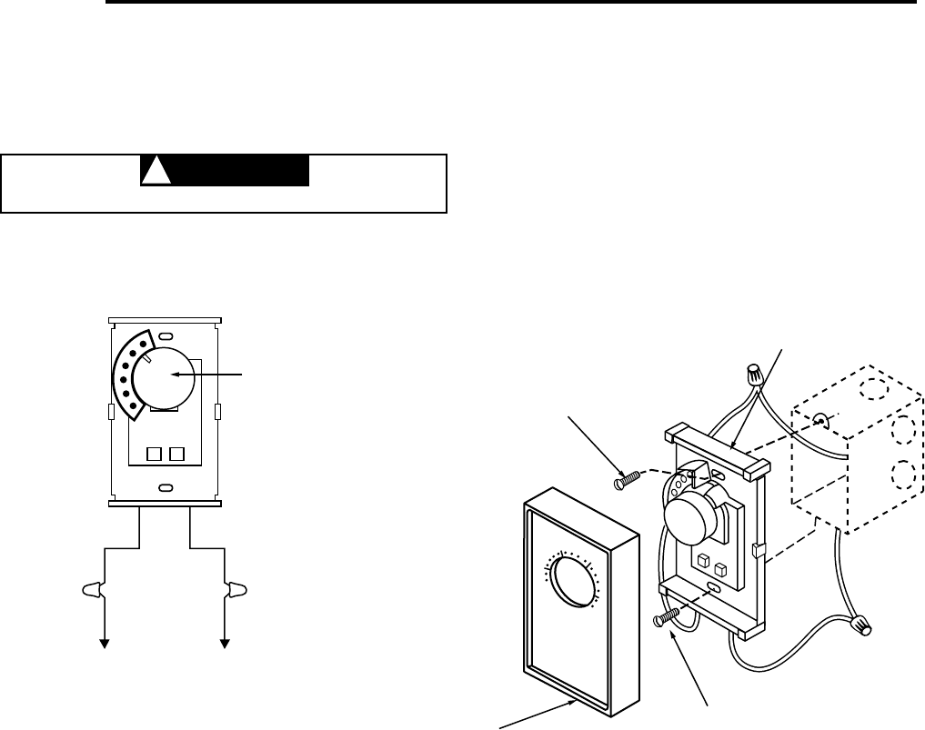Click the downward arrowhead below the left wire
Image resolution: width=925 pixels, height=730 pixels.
(105, 644)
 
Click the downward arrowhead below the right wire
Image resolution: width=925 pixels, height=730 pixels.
(225, 644)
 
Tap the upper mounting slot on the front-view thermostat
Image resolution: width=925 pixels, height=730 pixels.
(165, 337)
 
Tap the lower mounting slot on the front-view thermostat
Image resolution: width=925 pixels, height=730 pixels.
(165, 489)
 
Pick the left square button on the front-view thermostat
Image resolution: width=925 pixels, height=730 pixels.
(154, 452)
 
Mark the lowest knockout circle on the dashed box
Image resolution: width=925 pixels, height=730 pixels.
(902, 473)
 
